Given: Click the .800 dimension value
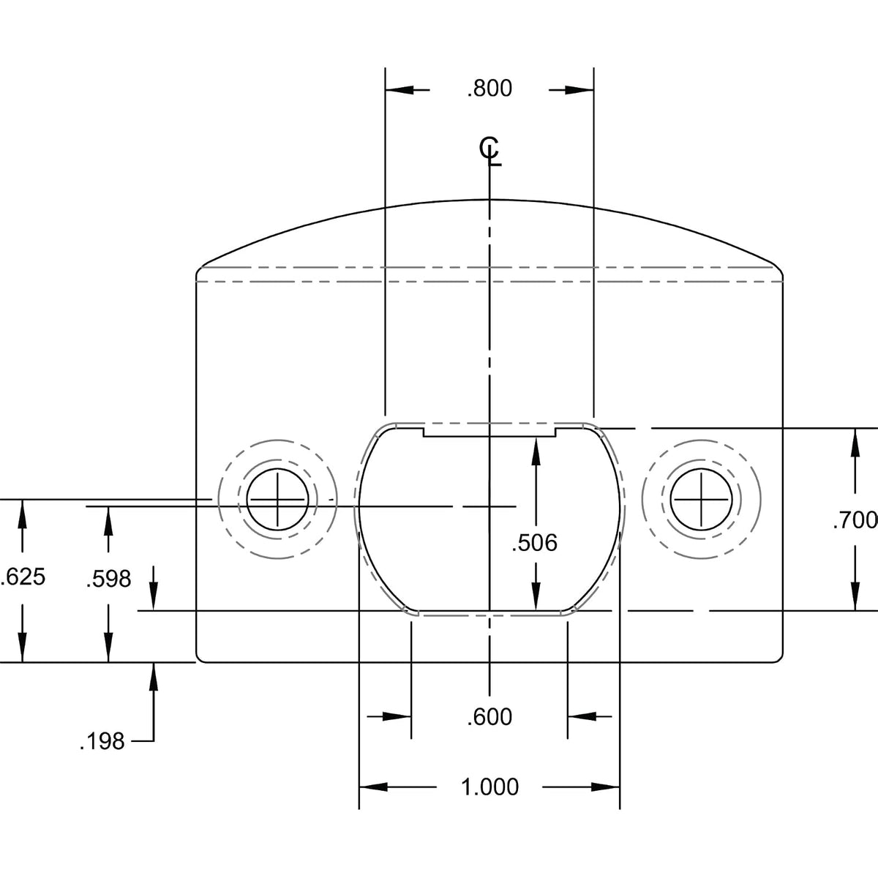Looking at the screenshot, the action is click(x=489, y=89).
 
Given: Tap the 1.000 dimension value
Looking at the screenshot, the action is click(x=489, y=787).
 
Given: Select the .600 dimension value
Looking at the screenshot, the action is click(x=489, y=717).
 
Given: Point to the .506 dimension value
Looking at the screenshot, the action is click(x=534, y=543).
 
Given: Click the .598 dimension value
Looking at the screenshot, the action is click(x=108, y=579).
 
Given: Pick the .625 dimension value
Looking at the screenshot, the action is click(x=23, y=577).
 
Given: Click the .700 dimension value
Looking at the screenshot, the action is click(x=855, y=520).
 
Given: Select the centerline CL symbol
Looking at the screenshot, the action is click(x=489, y=151).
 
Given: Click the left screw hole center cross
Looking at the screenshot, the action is click(x=277, y=500).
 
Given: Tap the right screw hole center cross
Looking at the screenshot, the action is click(x=701, y=500).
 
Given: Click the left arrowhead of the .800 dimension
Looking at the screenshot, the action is click(x=399, y=90).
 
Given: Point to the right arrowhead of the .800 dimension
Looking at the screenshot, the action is click(x=579, y=90).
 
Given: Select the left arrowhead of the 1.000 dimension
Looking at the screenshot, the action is click(x=373, y=787).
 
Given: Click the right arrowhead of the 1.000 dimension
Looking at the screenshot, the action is click(x=606, y=787).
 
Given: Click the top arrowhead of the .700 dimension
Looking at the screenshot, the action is click(x=855, y=443).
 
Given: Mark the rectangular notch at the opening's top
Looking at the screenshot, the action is click(x=489, y=432).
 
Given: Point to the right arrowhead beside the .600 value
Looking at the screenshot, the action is click(x=582, y=717).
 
